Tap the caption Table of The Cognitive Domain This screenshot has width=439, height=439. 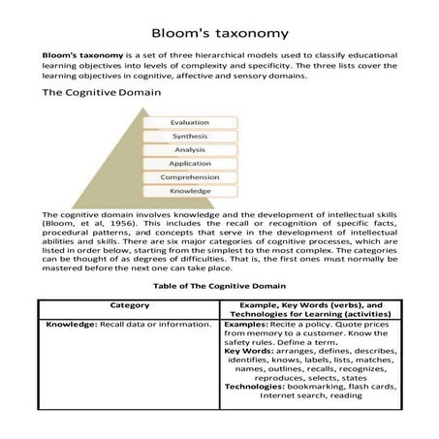(218, 287)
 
